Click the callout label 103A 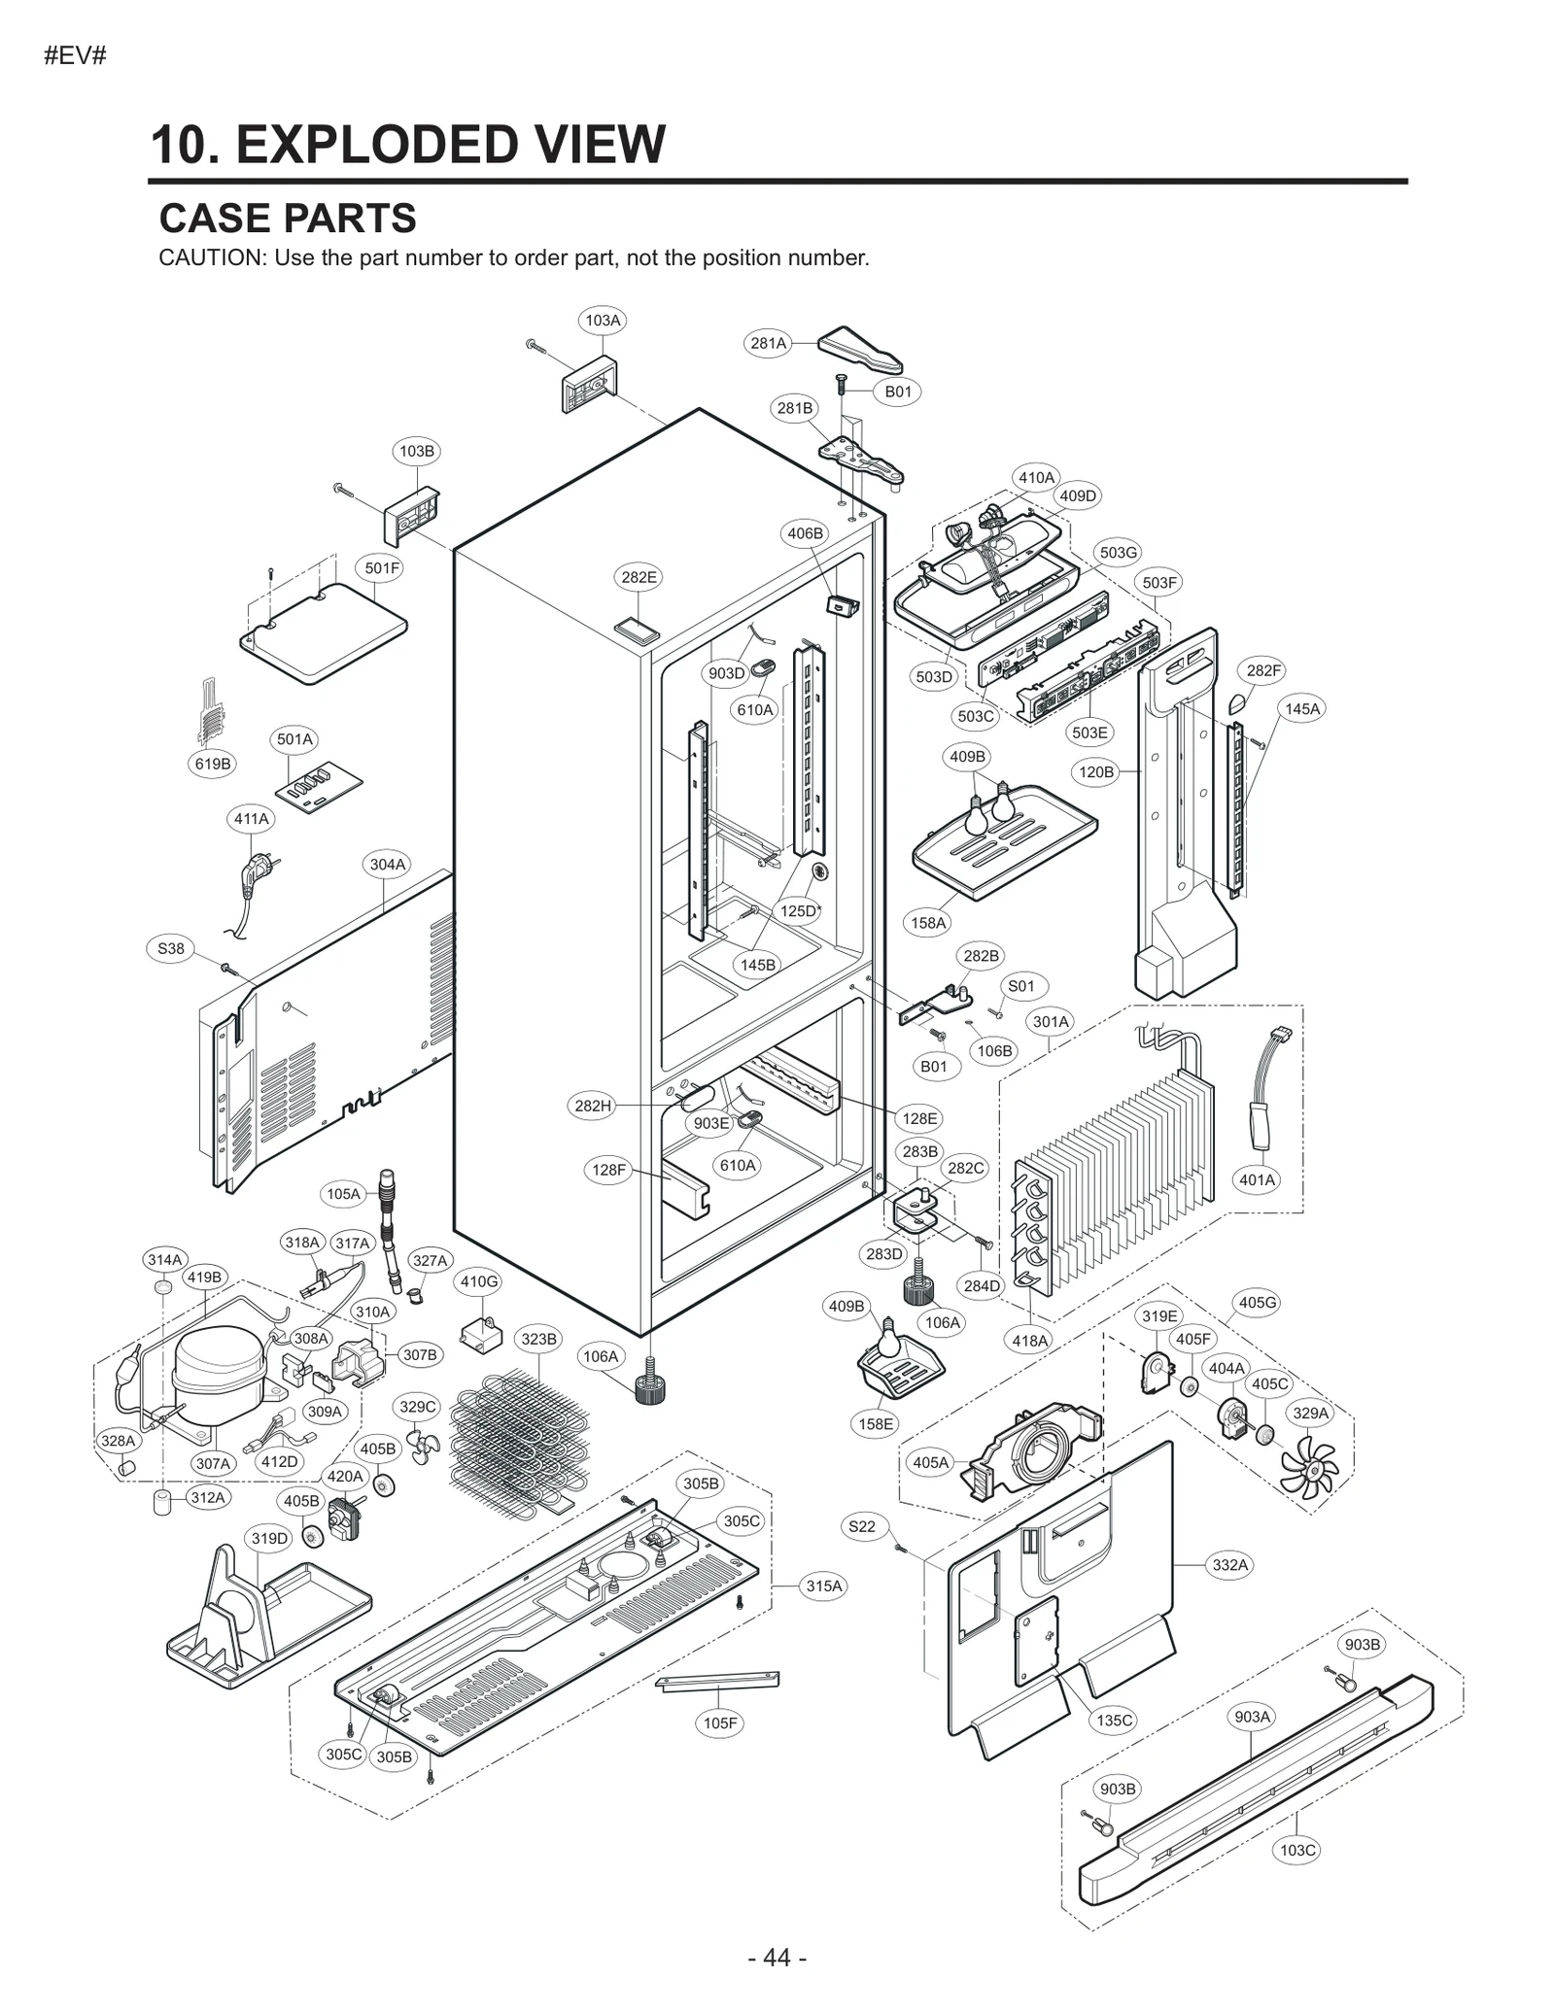click(603, 320)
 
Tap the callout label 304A click(387, 864)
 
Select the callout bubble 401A click(1257, 1179)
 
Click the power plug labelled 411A click(255, 870)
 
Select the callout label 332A click(1229, 1564)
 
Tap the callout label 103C click(1297, 1850)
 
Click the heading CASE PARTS click(288, 219)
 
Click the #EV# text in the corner click(75, 55)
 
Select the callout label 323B click(538, 1339)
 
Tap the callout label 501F click(382, 568)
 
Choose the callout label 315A click(823, 1586)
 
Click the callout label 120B click(1096, 771)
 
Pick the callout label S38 click(170, 948)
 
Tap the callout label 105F click(720, 1722)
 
